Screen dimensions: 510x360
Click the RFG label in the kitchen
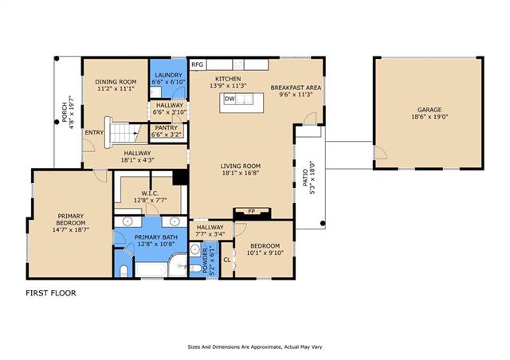(x=198, y=65)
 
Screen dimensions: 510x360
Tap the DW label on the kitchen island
(x=229, y=99)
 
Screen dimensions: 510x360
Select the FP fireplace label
(x=252, y=211)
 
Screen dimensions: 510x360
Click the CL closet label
(x=227, y=260)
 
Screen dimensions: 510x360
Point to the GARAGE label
(x=430, y=110)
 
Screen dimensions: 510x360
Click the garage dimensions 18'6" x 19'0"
(x=430, y=117)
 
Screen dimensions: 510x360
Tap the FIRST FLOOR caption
(x=51, y=293)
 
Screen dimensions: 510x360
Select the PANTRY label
(x=167, y=127)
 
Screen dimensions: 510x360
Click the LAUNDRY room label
(x=168, y=75)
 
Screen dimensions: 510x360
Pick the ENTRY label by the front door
(x=94, y=132)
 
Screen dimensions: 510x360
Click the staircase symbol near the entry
(x=122, y=132)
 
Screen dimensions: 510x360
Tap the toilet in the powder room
(x=195, y=268)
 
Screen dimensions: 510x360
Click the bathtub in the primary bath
(x=151, y=270)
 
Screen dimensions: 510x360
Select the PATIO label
(x=305, y=178)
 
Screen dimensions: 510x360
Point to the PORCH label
(x=65, y=112)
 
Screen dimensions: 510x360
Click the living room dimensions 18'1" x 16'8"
(x=241, y=173)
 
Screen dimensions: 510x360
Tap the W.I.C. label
(x=150, y=194)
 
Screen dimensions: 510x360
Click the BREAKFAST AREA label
(x=296, y=88)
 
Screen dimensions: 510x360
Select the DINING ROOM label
(x=116, y=81)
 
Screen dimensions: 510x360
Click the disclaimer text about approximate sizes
(x=255, y=347)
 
